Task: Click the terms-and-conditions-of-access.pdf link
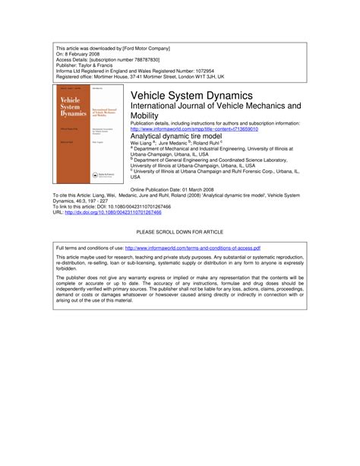click(193, 248)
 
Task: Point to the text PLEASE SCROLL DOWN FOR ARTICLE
click(179, 230)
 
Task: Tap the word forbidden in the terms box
click(70, 268)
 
